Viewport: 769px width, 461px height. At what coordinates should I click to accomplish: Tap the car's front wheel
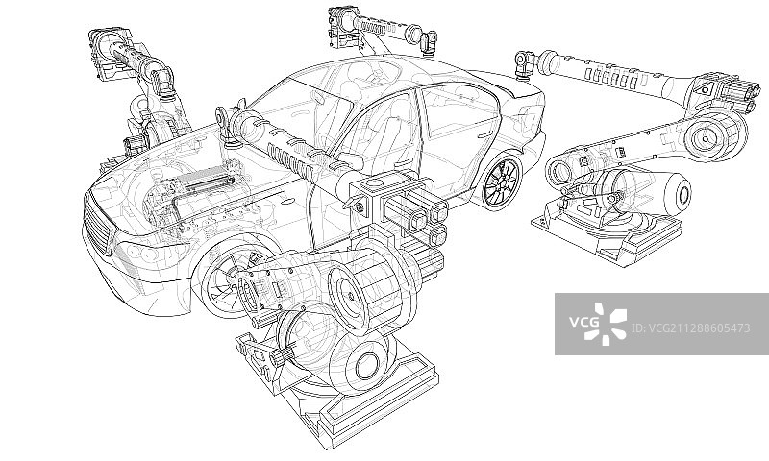click(223, 279)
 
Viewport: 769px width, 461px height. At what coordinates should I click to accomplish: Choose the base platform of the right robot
click(606, 235)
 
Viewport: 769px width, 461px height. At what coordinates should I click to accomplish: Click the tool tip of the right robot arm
click(524, 63)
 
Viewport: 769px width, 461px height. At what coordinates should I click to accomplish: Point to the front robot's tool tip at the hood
click(229, 119)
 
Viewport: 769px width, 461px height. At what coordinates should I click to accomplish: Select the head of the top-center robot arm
click(342, 23)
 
